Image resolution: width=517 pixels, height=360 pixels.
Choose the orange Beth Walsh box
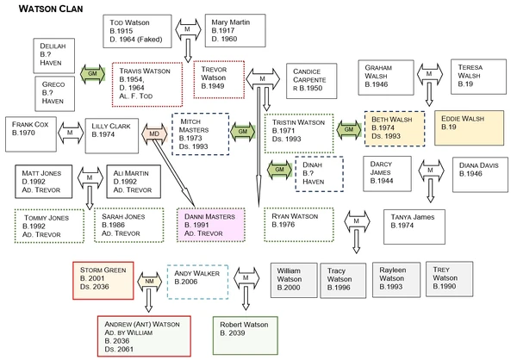[x=395, y=126]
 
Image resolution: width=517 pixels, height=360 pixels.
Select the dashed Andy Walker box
[x=197, y=280]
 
